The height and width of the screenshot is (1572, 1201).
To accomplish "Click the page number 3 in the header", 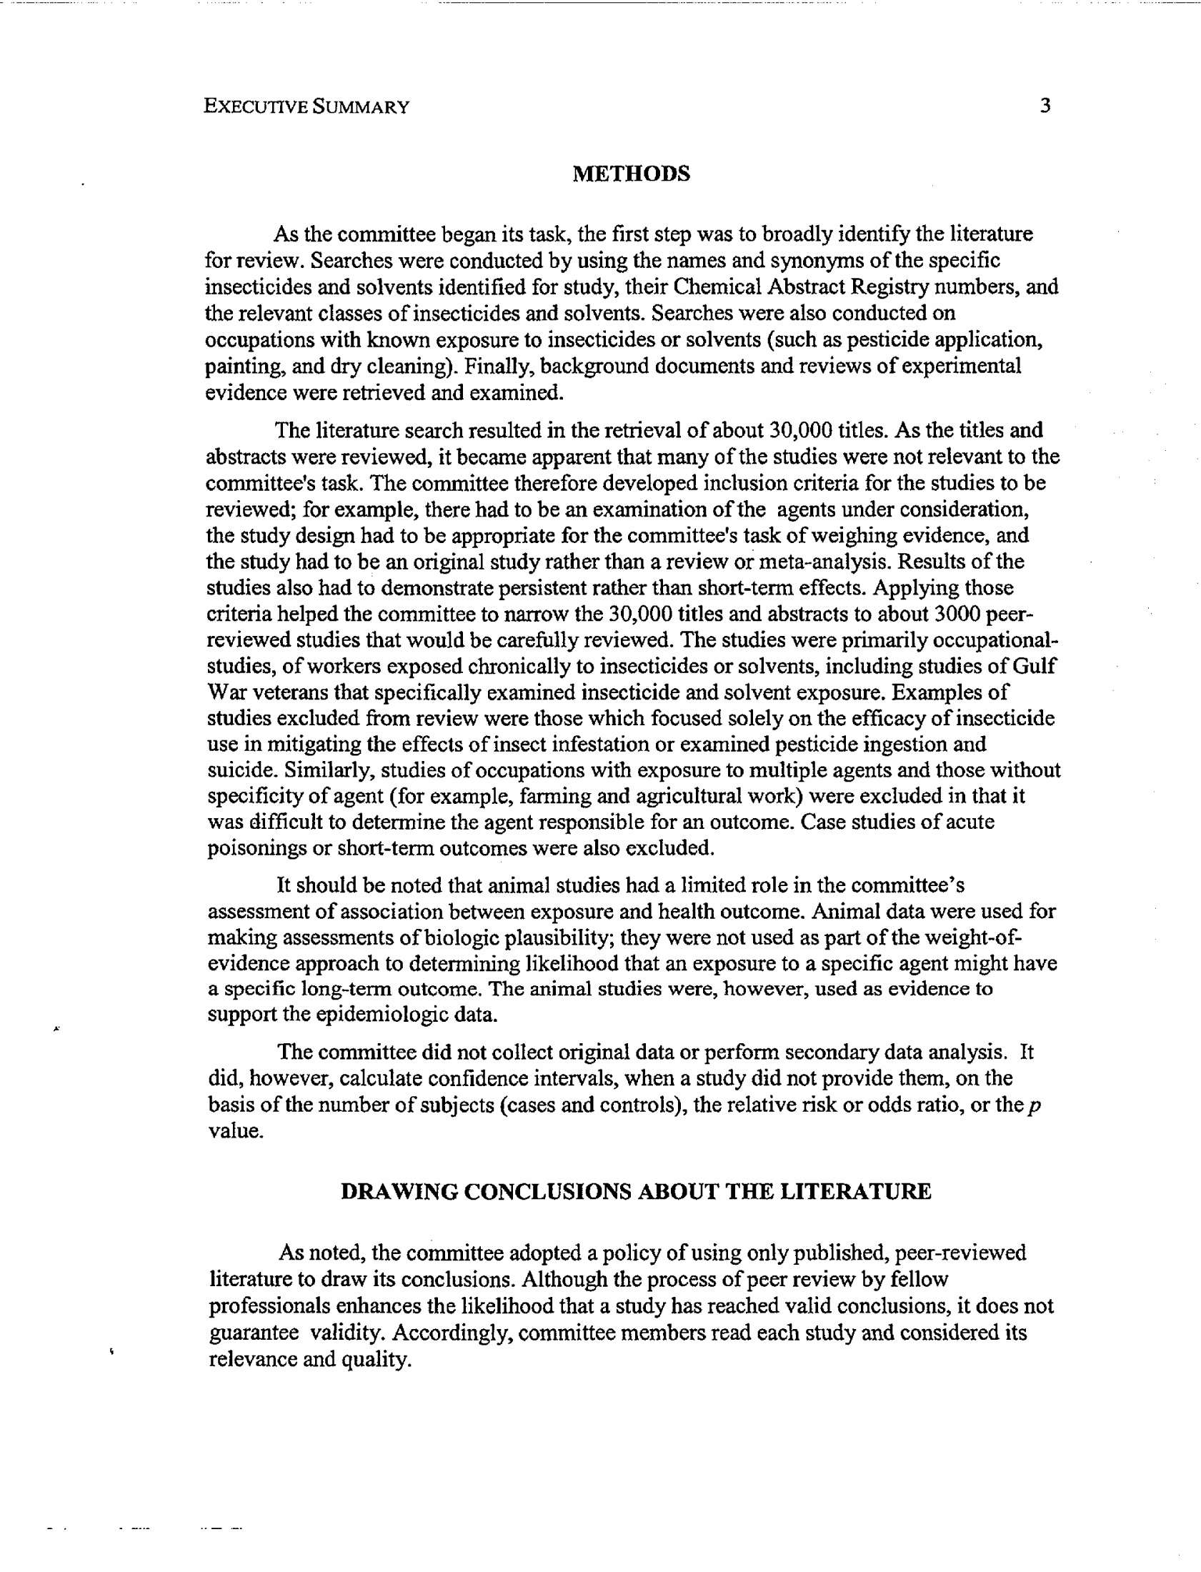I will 1045,106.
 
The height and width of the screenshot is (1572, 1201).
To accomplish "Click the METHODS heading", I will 632,174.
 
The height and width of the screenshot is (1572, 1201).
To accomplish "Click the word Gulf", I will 1034,666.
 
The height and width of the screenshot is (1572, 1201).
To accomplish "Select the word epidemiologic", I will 377,1015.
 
